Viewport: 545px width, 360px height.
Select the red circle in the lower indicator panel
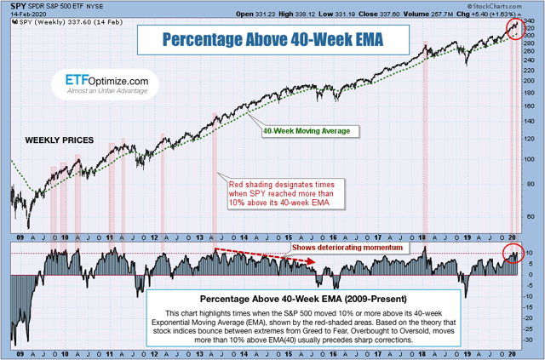tap(513, 253)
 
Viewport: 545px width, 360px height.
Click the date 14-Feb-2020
tap(24, 14)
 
